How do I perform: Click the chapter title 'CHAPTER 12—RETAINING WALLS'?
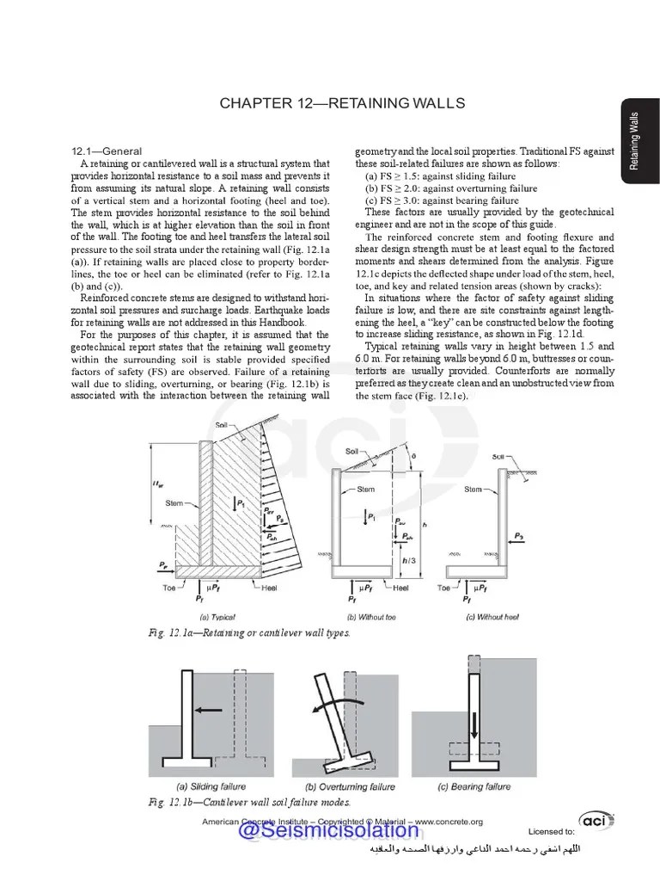pyautogui.click(x=342, y=103)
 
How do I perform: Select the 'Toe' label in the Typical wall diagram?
pyautogui.click(x=170, y=588)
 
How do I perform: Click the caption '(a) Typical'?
pyautogui.click(x=217, y=617)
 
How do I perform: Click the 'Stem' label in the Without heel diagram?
pyautogui.click(x=474, y=490)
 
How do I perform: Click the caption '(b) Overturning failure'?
pyautogui.click(x=351, y=786)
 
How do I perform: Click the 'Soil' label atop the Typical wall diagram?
pyautogui.click(x=222, y=425)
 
